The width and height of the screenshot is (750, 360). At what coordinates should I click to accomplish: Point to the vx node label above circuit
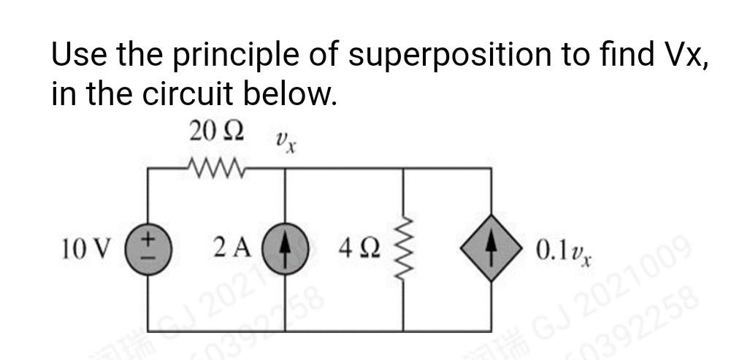[x=285, y=140]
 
